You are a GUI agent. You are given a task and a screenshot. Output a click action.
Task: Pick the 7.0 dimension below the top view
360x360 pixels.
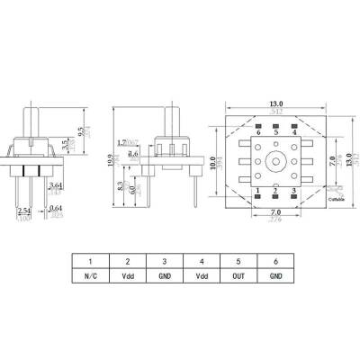(x=272, y=211)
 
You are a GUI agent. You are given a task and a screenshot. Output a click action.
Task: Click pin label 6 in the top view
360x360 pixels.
(x=256, y=133)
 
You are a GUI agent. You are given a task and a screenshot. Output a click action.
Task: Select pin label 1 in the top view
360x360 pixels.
(x=256, y=190)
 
